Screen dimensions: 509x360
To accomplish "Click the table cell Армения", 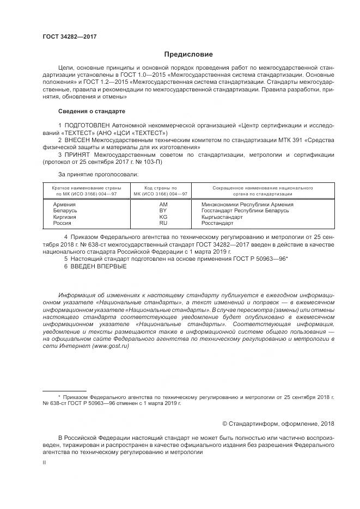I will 64,204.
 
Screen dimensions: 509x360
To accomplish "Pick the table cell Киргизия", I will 65,217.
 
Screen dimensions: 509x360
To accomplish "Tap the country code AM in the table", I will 162,204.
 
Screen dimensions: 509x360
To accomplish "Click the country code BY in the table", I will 162,210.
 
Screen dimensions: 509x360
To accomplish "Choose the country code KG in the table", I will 162,217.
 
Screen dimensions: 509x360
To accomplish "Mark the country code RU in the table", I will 162,223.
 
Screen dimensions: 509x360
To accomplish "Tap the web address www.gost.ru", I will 111,346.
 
